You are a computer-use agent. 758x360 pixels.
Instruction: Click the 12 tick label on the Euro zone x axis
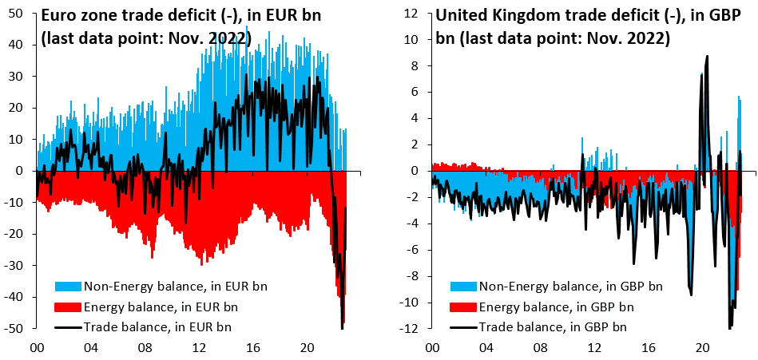198,348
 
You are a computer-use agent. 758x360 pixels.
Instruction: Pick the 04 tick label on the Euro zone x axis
89,348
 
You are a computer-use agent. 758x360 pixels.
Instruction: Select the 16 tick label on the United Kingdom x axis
648,348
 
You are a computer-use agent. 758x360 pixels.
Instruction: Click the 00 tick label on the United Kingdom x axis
431,348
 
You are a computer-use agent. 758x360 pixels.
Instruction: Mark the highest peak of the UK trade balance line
707,56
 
